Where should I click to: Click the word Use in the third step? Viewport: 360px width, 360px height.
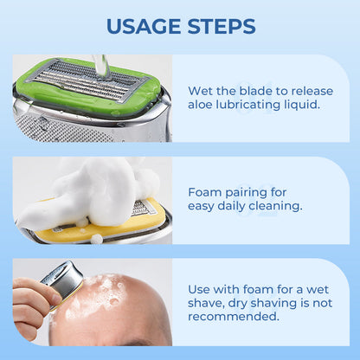(201, 288)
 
